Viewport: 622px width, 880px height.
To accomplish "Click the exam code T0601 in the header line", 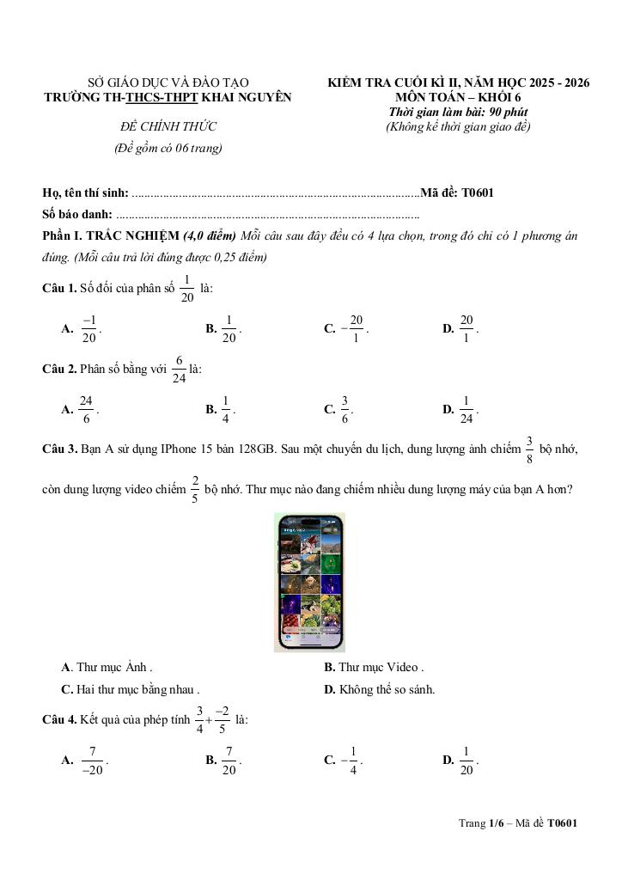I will click(477, 193).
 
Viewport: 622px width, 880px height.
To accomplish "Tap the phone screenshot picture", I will click(308, 582).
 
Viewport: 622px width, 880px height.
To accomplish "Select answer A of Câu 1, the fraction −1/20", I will click(88, 327).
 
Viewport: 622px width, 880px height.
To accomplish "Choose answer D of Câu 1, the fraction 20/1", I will click(466, 327).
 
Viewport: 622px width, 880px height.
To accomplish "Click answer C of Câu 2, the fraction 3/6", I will click(345, 409).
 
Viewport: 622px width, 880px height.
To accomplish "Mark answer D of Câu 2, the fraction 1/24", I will click(466, 409).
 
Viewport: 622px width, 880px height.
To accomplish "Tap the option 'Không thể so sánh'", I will click(387, 688).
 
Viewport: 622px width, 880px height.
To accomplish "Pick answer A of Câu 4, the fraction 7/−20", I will click(92, 760).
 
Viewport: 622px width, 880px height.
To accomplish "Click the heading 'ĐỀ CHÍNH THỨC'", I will click(168, 127).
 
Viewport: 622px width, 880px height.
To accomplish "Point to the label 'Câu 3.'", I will click(59, 449).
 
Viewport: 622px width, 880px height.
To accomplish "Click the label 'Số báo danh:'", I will click(77, 214).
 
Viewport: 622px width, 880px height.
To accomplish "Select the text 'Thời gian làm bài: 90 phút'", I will click(458, 112).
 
